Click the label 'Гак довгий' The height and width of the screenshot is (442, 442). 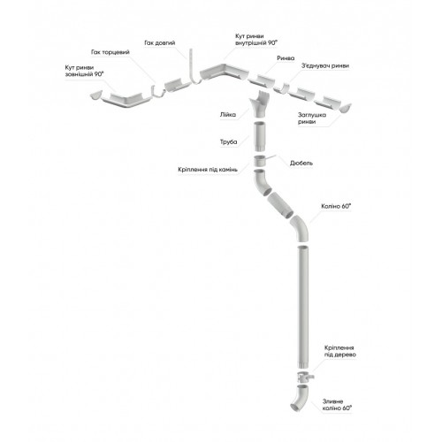pos(160,43)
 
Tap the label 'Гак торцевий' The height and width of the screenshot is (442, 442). pos(110,52)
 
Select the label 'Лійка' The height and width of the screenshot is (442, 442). pos(228,115)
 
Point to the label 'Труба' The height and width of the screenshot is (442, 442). pos(228,142)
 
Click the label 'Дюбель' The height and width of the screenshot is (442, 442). pos(301,163)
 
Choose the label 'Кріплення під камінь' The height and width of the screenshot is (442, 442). pos(208,170)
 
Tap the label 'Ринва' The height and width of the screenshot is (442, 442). pos(286,58)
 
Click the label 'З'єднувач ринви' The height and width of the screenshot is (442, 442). pos(324,65)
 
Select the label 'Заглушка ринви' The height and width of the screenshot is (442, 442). pos(312,118)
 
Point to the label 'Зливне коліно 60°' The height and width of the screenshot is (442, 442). pos(337,405)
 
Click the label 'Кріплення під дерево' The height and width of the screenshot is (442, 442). pos(340,351)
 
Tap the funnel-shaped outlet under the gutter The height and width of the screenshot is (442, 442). pos(259,104)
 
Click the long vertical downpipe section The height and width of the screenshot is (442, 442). pos(302,307)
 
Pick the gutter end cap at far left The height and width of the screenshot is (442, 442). pos(96,95)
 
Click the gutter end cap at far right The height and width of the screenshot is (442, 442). pos(345,108)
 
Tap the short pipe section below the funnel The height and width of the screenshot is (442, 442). pos(259,137)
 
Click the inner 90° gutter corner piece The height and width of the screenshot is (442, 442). pos(224,72)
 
